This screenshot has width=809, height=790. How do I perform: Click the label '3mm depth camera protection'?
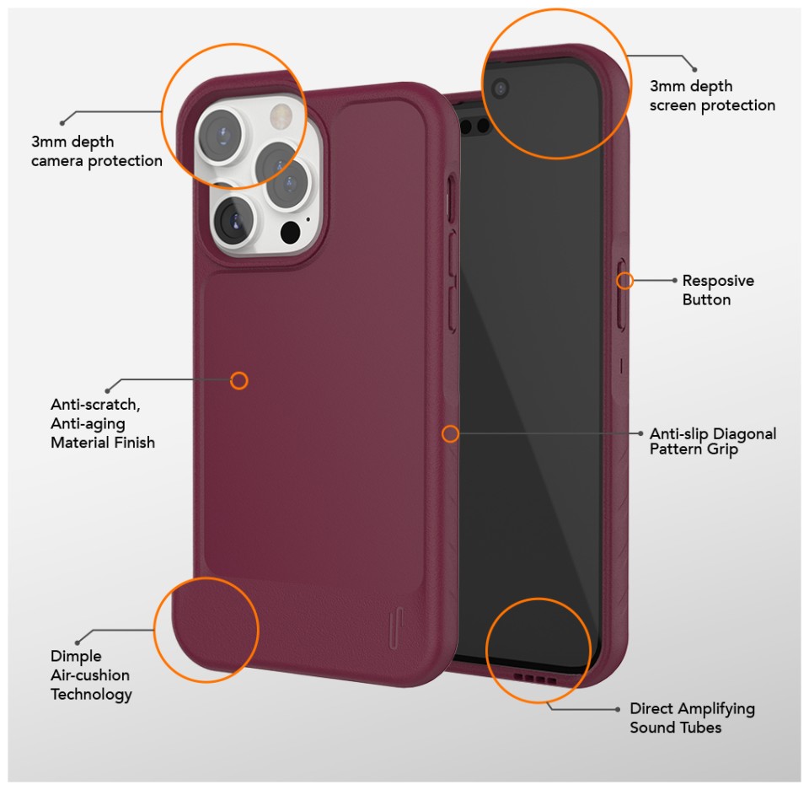coord(96,151)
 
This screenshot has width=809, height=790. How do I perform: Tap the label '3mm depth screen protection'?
coord(712,95)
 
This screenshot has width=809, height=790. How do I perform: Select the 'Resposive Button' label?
coord(718,290)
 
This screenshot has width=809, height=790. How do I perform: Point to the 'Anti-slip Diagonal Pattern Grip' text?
coord(713,442)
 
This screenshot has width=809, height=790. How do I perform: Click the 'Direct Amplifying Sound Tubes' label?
coord(692,717)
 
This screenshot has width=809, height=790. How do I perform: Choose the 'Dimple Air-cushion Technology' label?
coord(91,675)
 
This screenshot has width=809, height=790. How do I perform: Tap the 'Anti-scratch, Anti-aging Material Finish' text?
coord(103,423)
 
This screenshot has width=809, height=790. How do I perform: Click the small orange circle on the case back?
coord(238,381)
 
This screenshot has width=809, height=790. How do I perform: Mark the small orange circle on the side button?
coord(624,281)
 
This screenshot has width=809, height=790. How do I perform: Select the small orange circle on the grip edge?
coord(450,433)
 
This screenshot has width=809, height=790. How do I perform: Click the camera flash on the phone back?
coord(281,114)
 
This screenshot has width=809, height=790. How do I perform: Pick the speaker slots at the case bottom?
coord(535,679)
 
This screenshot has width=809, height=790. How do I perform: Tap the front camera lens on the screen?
coord(500,89)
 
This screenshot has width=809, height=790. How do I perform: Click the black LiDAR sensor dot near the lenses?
coord(290,233)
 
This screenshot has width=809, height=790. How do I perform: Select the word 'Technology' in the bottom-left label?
coord(91,695)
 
